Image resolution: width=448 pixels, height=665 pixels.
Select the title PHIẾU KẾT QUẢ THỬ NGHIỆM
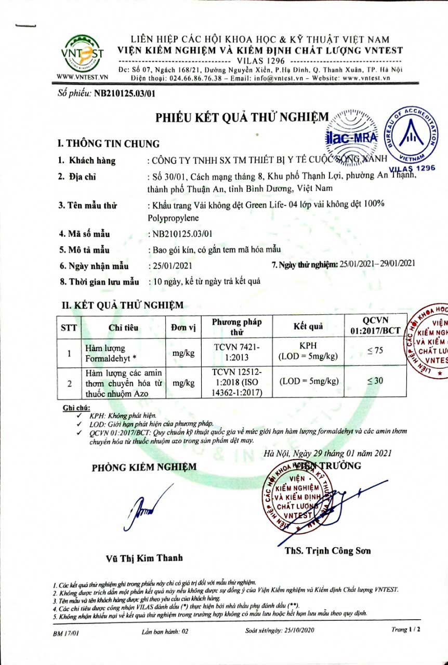click(x=243, y=118)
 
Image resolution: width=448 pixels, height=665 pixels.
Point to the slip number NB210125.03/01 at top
click(x=123, y=94)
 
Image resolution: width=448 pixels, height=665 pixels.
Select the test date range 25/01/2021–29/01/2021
click(x=377, y=264)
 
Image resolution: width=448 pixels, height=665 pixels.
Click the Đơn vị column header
click(x=183, y=327)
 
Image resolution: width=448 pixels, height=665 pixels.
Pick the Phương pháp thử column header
click(x=237, y=327)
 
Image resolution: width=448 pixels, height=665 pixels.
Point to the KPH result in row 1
click(x=308, y=345)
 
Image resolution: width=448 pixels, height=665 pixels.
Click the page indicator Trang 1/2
click(x=405, y=629)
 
